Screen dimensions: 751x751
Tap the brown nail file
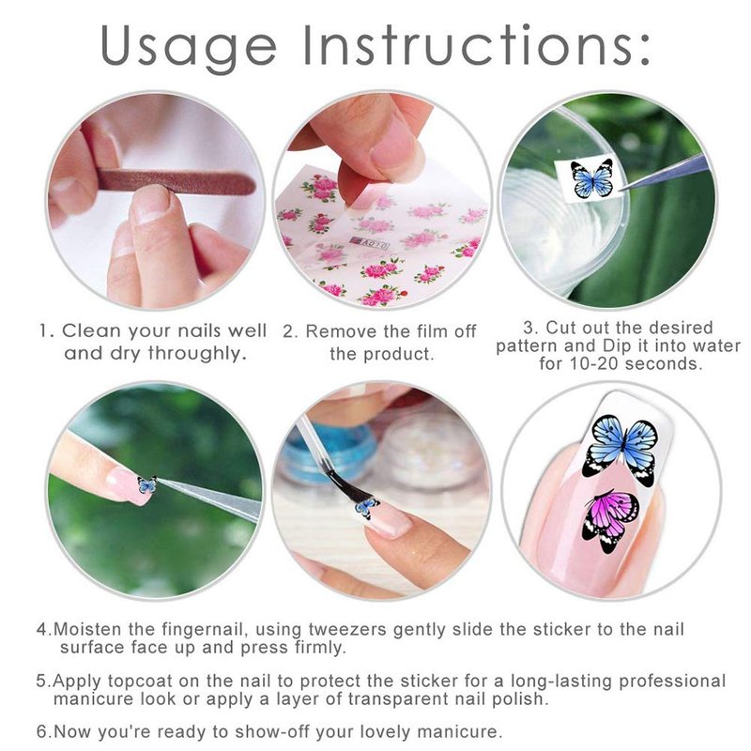[x=175, y=181]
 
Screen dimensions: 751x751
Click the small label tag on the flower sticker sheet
[x=370, y=245]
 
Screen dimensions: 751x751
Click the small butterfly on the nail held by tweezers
[x=147, y=484]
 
